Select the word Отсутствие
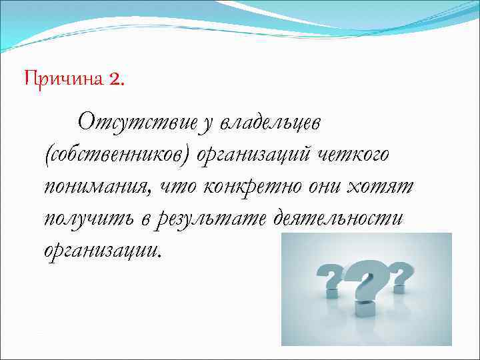pos(137,123)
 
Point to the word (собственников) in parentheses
pos(117,155)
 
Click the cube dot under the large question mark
pos(363,309)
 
